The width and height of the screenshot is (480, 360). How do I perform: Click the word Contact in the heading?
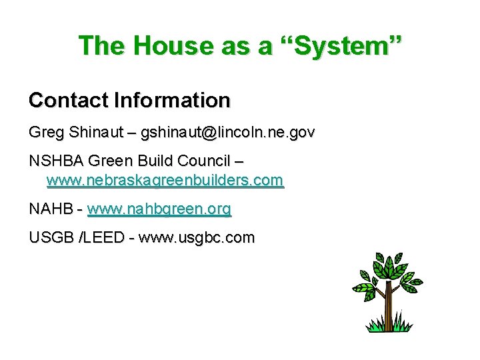click(69, 101)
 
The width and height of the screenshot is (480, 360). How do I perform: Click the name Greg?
click(44, 133)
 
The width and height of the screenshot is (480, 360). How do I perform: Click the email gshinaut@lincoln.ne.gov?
click(227, 133)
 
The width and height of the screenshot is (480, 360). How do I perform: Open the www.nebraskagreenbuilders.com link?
click(165, 180)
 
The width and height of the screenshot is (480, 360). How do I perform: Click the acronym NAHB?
click(51, 209)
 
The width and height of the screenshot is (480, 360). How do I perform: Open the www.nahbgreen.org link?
click(159, 209)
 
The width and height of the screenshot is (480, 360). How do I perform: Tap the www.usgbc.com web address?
click(196, 238)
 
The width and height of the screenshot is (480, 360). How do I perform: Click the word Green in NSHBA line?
click(111, 161)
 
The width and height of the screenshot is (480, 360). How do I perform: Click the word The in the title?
click(101, 45)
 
